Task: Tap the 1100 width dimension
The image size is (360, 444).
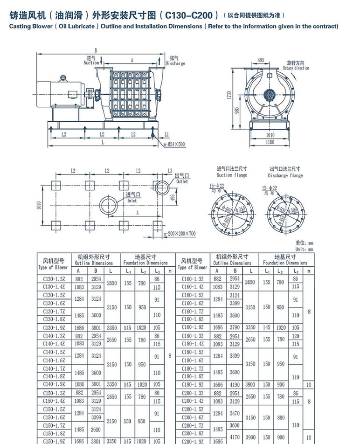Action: point(270,142)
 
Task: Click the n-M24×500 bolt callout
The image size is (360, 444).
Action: point(174,144)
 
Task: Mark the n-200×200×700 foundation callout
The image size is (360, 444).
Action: point(180,233)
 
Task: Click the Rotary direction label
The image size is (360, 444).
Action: point(296,68)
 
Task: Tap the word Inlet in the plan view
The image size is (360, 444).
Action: point(132,201)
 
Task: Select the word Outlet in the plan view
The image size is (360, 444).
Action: point(182,181)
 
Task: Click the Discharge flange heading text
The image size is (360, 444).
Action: point(285,175)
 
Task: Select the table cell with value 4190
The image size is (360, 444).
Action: point(235,385)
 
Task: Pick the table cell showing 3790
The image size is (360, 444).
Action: point(235,327)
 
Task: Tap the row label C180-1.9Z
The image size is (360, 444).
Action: point(192,385)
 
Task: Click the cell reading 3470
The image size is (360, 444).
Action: point(235,413)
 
